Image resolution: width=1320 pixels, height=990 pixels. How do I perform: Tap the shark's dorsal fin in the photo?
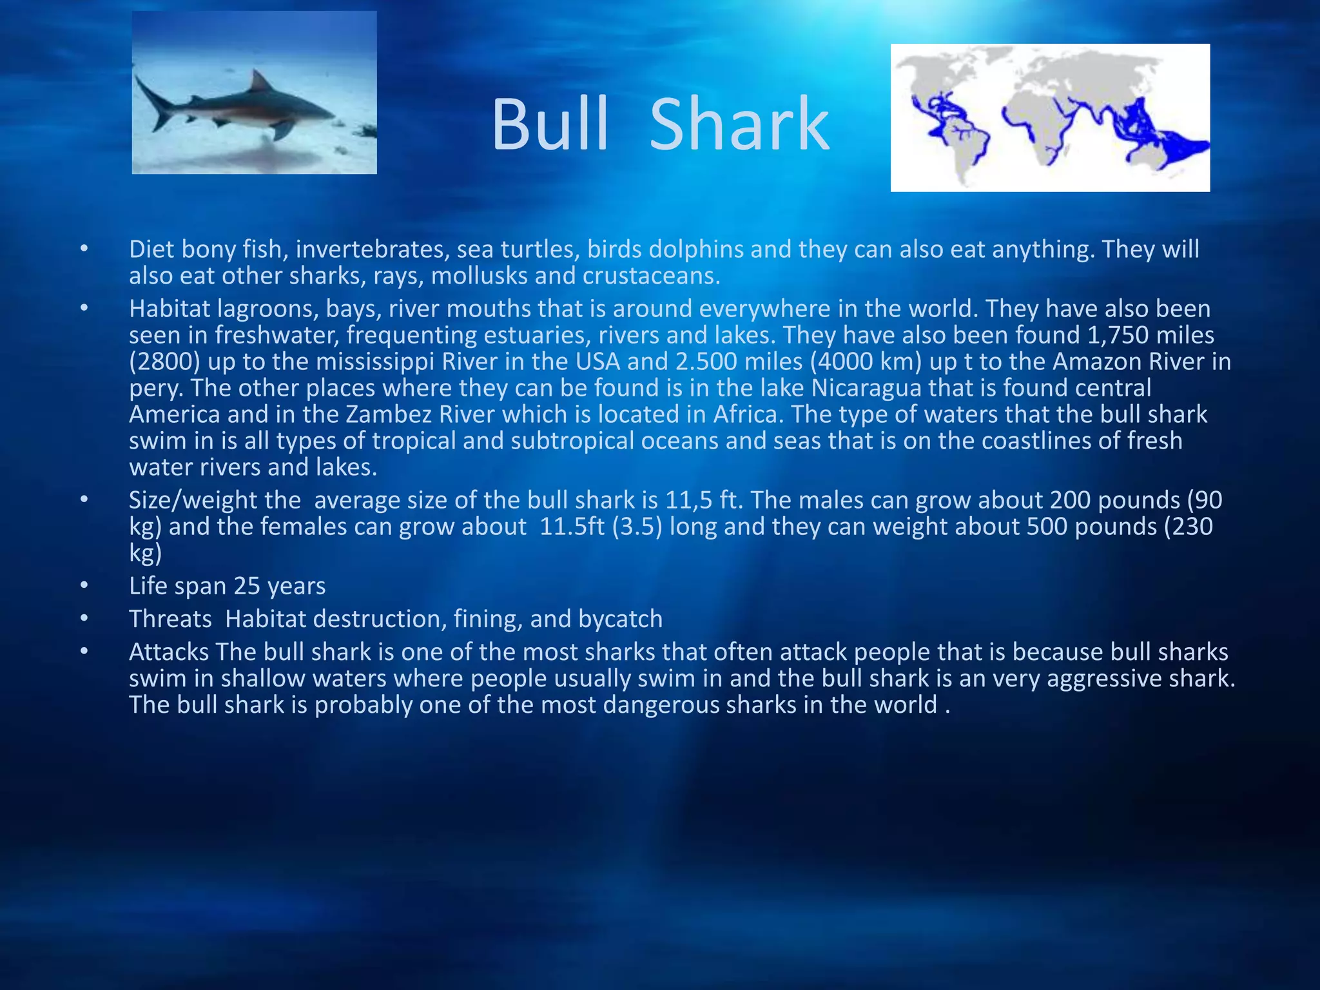point(260,82)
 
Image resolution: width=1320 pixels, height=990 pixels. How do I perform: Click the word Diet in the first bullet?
point(150,249)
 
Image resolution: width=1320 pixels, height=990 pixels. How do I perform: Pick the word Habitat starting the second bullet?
point(170,309)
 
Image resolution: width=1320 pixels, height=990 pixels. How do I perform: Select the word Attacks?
point(168,652)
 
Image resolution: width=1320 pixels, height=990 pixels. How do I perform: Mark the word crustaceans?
point(651,276)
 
